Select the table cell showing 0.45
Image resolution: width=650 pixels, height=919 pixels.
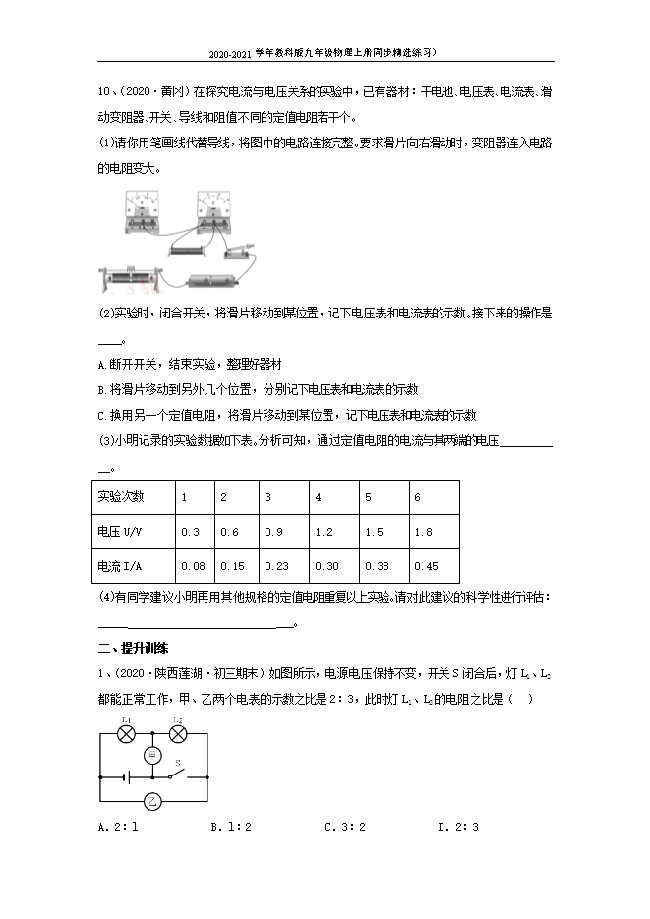click(434, 566)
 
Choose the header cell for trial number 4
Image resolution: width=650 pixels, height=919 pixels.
click(333, 497)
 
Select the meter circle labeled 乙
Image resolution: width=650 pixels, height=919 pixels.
click(151, 801)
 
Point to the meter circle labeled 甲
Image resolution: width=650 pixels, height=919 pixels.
click(152, 755)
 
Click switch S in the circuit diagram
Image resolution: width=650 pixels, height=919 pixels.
click(178, 774)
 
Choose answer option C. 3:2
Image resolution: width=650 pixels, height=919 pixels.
click(345, 827)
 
